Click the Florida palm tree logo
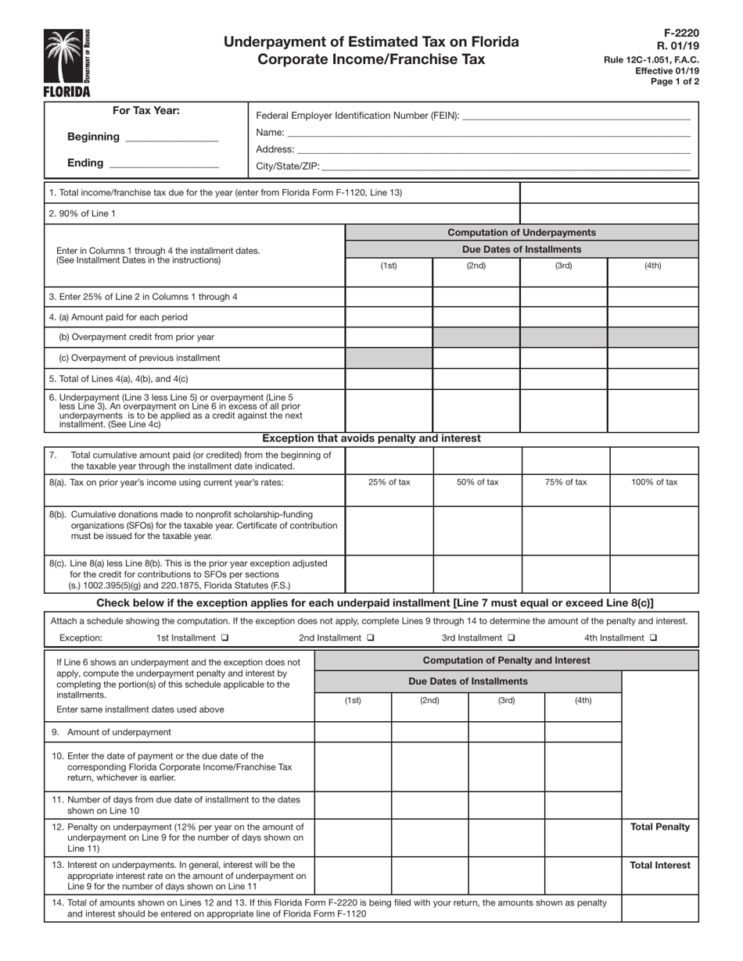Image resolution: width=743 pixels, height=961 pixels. pyautogui.click(x=66, y=56)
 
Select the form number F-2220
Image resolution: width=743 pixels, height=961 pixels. pyautogui.click(x=683, y=33)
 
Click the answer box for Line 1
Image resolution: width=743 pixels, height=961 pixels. pyautogui.click(x=608, y=192)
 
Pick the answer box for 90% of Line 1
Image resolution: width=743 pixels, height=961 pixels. pyautogui.click(x=608, y=213)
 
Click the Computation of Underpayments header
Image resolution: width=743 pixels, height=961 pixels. pyautogui.click(x=521, y=233)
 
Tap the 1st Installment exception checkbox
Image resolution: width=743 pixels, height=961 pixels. pyautogui.click(x=225, y=638)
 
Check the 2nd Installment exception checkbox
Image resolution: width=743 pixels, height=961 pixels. pyautogui.click(x=370, y=638)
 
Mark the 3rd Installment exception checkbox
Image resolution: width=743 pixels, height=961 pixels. pyautogui.click(x=511, y=638)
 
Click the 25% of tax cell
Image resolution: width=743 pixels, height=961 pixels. pyautogui.click(x=389, y=482)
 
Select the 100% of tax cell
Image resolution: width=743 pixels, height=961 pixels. pyautogui.click(x=654, y=482)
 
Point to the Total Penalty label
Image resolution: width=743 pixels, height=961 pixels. pyautogui.click(x=660, y=827)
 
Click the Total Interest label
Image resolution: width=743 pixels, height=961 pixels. pyautogui.click(x=660, y=866)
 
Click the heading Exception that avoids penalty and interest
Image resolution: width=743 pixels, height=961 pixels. pyautogui.click(x=371, y=438)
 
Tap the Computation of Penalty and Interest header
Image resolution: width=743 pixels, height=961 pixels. pyautogui.click(x=506, y=660)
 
